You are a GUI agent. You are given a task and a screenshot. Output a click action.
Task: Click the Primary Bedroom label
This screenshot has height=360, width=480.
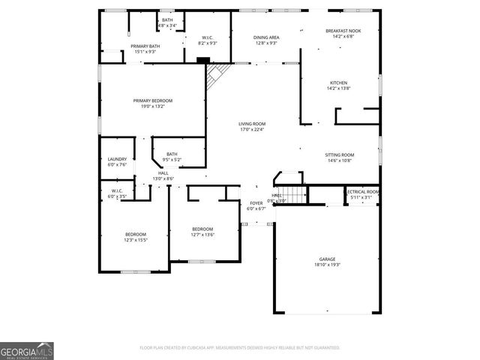click(x=153, y=100)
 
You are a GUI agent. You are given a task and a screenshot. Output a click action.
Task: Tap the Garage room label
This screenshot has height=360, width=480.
click(x=327, y=259)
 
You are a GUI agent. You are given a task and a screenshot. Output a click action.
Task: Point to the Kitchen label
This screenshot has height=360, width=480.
click(x=338, y=83)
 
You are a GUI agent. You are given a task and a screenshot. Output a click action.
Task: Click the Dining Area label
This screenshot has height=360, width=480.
click(x=265, y=37)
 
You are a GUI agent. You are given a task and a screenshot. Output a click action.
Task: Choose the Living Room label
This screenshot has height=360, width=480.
click(x=252, y=124)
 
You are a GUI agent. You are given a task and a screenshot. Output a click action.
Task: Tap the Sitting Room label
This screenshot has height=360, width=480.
click(x=340, y=155)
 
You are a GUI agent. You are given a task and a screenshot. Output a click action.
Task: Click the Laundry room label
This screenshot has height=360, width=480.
click(x=117, y=159)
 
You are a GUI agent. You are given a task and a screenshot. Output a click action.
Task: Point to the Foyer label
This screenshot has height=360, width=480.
click(x=256, y=203)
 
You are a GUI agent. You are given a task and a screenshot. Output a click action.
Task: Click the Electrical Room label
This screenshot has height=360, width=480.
click(x=362, y=192)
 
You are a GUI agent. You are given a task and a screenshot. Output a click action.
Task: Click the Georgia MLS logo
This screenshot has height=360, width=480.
click(x=26, y=350)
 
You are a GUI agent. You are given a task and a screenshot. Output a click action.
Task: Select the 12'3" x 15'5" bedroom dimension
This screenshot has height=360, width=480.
click(x=136, y=240)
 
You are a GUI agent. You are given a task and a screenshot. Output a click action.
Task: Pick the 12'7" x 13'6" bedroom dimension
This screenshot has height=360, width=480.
click(x=202, y=235)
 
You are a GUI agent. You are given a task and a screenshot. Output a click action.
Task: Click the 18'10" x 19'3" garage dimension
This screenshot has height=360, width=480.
click(x=327, y=265)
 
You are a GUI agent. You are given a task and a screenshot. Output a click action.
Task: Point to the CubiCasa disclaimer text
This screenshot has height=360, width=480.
click(x=240, y=347)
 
